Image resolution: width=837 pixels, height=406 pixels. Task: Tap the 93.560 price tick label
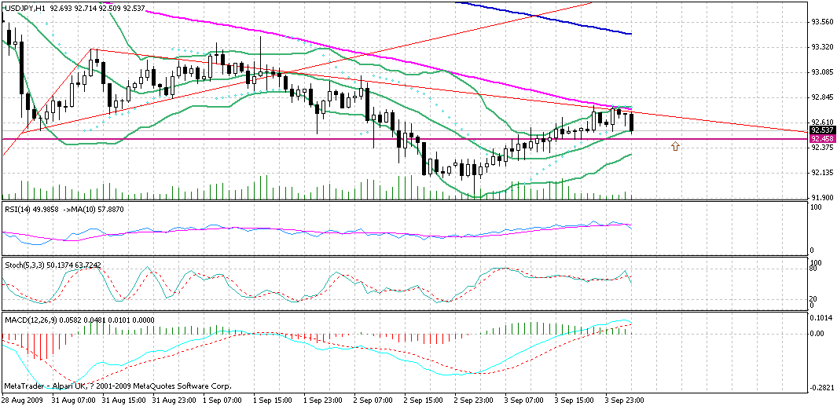(x=821, y=22)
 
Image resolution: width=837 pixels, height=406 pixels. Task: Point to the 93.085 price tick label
(x=821, y=72)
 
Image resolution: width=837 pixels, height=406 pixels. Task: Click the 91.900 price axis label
(x=821, y=198)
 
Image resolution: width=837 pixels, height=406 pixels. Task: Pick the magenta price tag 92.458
(x=821, y=139)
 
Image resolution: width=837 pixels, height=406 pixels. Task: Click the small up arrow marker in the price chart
(x=674, y=146)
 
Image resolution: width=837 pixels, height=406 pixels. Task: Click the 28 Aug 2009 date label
(x=23, y=400)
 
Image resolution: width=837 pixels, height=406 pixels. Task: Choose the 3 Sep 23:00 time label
(x=626, y=400)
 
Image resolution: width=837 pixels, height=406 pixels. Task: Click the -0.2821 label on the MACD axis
(x=823, y=387)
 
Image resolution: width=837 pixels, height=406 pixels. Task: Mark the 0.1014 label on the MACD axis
(x=821, y=319)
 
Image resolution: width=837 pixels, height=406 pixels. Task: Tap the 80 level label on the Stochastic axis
(x=816, y=268)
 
